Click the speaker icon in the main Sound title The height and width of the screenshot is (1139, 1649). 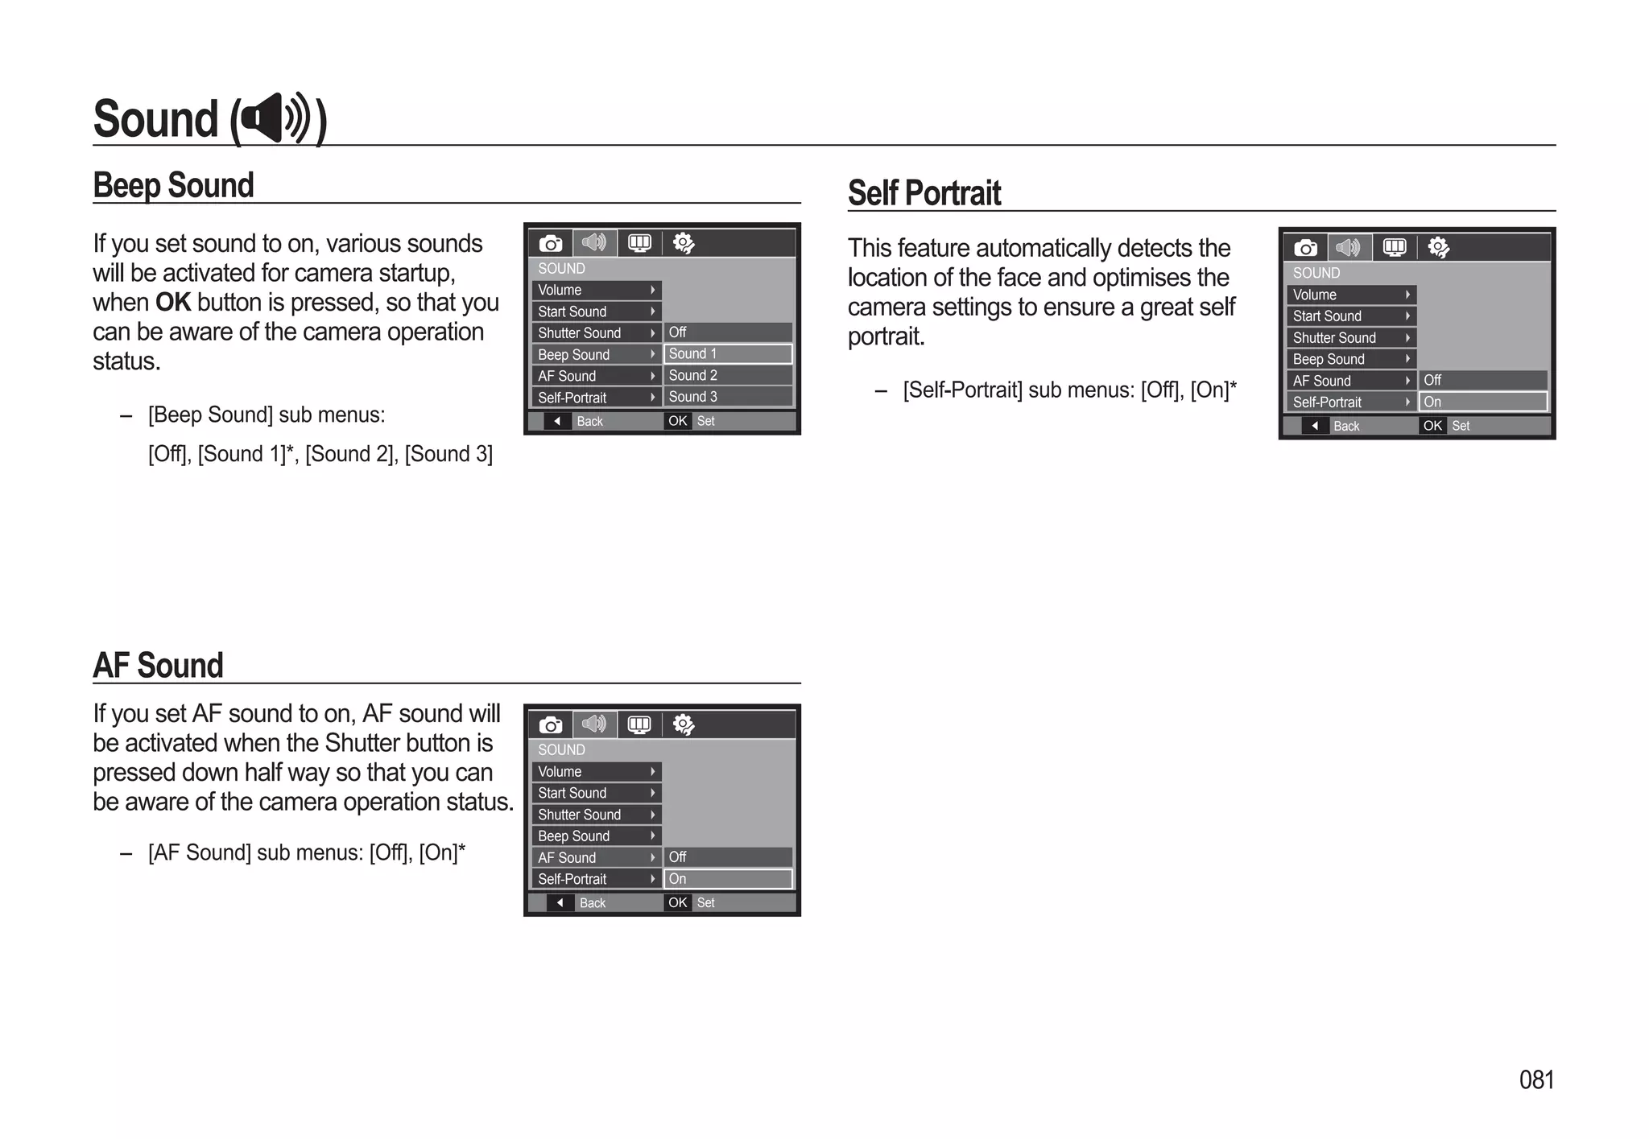[x=276, y=118]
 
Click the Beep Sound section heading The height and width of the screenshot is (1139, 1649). [x=173, y=185]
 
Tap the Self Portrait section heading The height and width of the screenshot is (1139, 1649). [x=924, y=193]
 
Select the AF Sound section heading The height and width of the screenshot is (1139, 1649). [x=158, y=666]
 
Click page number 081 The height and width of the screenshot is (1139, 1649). [x=1535, y=1079]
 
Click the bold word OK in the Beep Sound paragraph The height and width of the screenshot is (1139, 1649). [x=172, y=303]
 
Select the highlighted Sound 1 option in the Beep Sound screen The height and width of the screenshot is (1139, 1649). [x=727, y=354]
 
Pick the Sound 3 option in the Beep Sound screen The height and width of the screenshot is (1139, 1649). [x=727, y=397]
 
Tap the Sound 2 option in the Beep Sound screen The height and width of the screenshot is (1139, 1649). [x=727, y=375]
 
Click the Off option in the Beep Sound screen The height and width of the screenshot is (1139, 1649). [x=727, y=332]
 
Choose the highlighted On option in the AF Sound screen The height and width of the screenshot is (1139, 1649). [x=727, y=879]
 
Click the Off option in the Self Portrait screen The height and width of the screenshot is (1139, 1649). [x=1482, y=380]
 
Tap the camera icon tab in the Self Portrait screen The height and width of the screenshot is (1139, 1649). [x=1305, y=248]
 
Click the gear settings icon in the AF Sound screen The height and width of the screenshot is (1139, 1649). [x=683, y=725]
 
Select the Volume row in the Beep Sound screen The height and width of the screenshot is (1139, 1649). [x=596, y=290]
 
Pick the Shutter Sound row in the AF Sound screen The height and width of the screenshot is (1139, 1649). [x=596, y=815]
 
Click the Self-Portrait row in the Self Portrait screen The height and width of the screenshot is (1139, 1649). [x=1350, y=402]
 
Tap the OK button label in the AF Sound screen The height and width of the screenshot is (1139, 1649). [x=677, y=902]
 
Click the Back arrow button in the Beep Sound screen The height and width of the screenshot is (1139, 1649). [x=557, y=421]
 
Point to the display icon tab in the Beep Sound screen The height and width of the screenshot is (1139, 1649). [x=639, y=243]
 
